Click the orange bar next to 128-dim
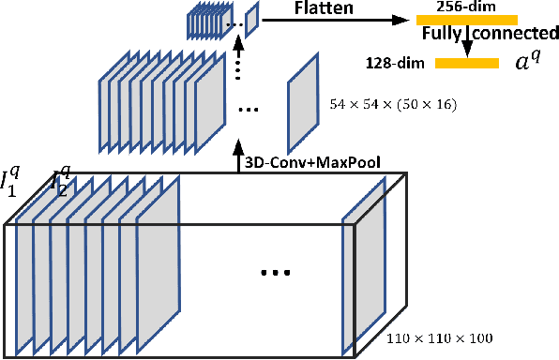467,63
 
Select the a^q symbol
529,64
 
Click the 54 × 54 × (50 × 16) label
393,105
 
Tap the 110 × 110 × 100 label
440,337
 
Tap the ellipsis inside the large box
276,273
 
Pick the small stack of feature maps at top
207,21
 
